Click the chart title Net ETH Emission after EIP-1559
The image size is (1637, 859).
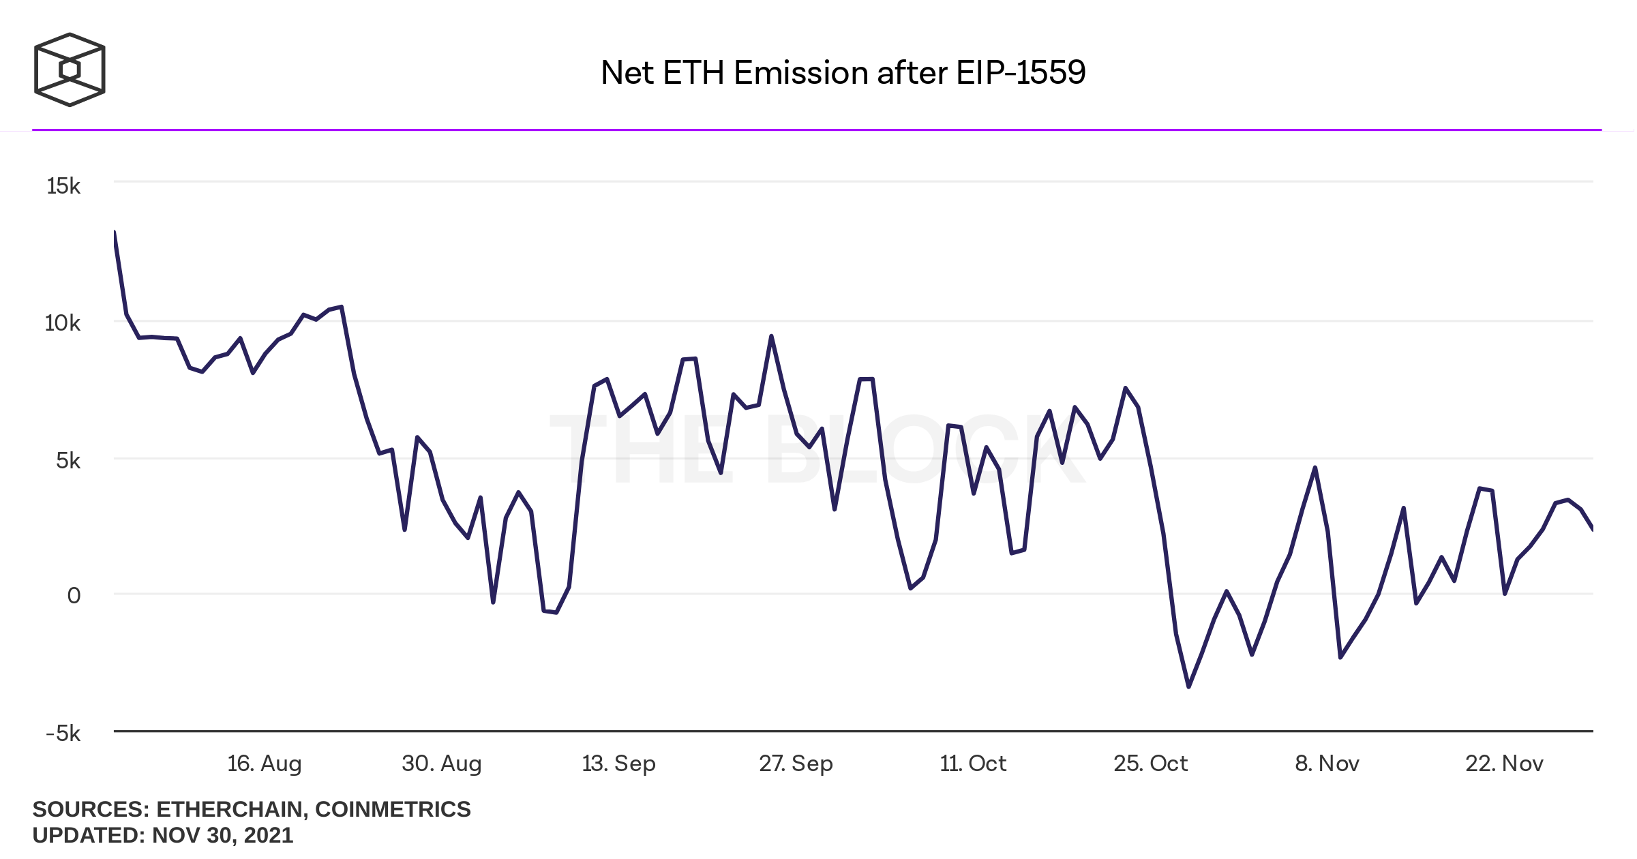tap(843, 72)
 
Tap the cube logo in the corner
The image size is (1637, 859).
tap(70, 70)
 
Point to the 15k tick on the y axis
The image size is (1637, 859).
tap(63, 186)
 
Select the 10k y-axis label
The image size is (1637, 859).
tap(62, 323)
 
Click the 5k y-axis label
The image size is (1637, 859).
tap(67, 461)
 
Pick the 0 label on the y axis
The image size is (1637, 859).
tap(74, 596)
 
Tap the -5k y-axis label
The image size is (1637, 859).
tap(63, 734)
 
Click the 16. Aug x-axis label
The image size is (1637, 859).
tap(264, 764)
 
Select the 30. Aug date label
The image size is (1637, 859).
tap(441, 764)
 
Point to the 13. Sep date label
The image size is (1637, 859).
tap(618, 764)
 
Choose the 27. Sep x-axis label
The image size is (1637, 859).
tap(796, 764)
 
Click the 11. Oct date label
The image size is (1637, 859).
tap(973, 764)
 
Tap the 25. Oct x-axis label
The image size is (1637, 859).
tap(1150, 764)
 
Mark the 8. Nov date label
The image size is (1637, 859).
tap(1327, 764)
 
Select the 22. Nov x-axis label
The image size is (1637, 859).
tap(1504, 764)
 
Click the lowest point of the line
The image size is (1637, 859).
tap(1188, 687)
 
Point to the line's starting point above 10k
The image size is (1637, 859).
tap(115, 233)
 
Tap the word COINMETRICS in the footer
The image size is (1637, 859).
tap(393, 809)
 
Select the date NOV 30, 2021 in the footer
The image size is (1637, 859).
tap(222, 835)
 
